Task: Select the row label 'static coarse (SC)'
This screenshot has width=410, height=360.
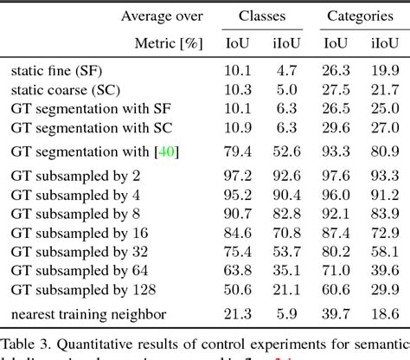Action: point(66,90)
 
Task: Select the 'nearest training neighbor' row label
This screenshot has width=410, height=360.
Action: point(88,312)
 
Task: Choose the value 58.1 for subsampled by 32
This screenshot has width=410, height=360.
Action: point(379,253)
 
